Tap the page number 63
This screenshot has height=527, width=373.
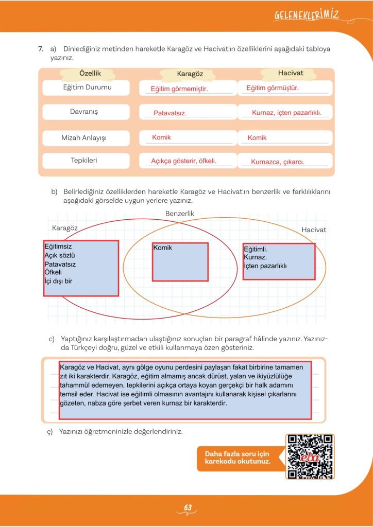click(188, 508)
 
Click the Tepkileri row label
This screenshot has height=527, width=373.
click(84, 161)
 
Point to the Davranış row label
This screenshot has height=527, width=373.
click(84, 112)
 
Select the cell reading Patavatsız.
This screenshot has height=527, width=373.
click(170, 113)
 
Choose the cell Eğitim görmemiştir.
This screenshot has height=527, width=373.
click(179, 89)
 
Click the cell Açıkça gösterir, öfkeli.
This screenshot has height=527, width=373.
click(183, 161)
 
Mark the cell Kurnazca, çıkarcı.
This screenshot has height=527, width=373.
click(278, 162)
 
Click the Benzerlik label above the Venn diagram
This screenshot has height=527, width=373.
click(179, 213)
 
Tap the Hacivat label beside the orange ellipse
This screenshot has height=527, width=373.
click(314, 230)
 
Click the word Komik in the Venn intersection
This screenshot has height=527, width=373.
click(163, 248)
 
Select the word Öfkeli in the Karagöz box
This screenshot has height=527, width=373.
click(53, 272)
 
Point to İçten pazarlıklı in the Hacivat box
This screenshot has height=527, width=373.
click(265, 266)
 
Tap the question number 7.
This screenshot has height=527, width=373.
click(40, 49)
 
